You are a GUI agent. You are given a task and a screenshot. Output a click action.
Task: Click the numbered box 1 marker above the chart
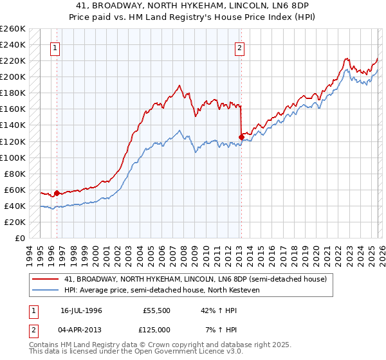[x=55, y=48]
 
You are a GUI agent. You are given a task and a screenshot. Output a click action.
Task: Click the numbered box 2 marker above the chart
[x=239, y=48]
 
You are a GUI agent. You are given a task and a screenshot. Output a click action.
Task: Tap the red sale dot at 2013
[x=241, y=137]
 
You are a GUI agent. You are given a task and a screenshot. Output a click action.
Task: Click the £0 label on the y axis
[x=21, y=239]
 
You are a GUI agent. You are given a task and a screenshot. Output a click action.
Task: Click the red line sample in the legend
[x=45, y=279]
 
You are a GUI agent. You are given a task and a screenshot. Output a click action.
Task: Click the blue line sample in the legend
[x=45, y=291]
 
